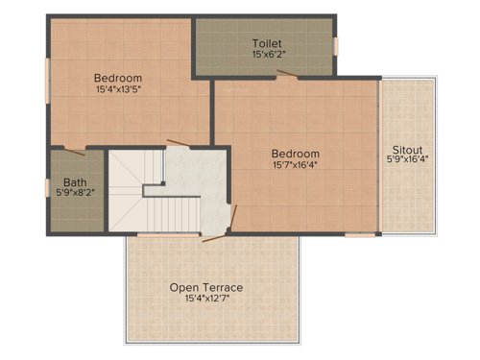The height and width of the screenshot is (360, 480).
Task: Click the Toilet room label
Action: pos(266,44)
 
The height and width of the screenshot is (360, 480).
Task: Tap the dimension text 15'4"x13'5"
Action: pos(119,90)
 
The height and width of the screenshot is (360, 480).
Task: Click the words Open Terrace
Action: pos(206,287)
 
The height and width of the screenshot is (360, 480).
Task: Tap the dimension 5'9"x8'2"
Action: pos(75,192)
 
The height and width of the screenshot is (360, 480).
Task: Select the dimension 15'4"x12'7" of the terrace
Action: pos(206,300)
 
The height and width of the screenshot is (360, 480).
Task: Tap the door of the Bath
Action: pos(74,150)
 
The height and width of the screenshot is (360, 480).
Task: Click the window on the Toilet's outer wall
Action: pos(335,45)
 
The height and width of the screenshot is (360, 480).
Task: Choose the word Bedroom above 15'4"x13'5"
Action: pos(118,78)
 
